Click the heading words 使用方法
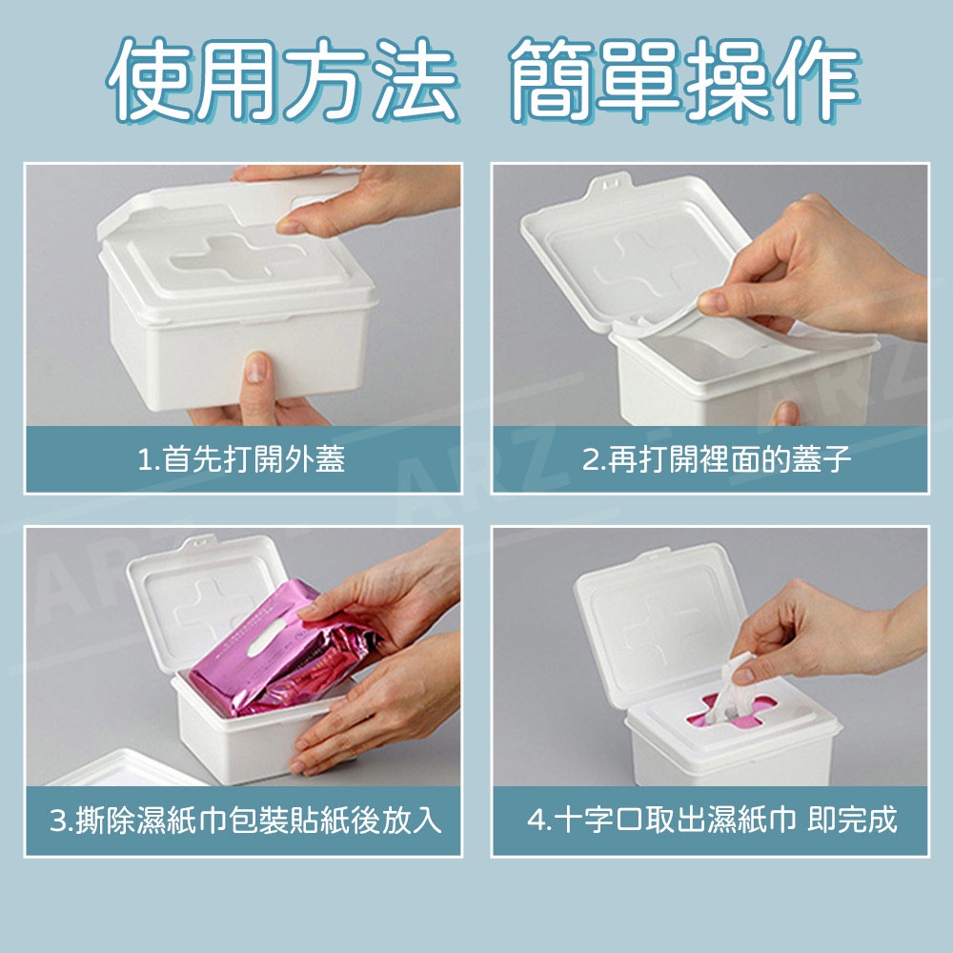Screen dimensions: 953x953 pos(283,79)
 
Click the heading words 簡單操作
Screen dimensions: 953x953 pos(683,79)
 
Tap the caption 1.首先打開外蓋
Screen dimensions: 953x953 pos(241,459)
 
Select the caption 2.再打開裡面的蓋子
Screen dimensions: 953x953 pos(716,459)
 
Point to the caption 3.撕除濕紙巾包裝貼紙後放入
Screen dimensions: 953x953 pos(245,821)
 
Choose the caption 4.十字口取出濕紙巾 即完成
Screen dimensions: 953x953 pos(712,821)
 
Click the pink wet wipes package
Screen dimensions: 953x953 pos(284,649)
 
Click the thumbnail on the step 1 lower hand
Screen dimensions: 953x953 pos(255,367)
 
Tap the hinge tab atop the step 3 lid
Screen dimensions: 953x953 pos(200,540)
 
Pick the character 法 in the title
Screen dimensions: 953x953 pos(416,79)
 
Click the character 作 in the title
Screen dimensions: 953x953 pos(817,79)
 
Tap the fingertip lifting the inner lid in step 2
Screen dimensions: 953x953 pos(712,302)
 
